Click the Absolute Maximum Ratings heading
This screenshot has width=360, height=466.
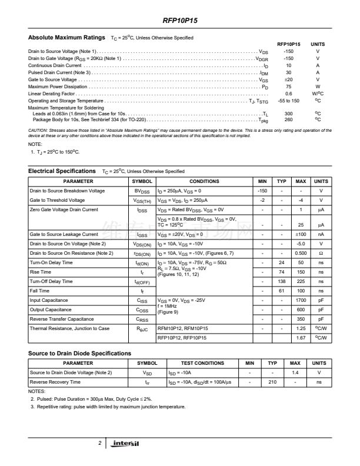tap(66, 38)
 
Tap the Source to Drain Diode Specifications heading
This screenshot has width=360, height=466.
tap(79, 353)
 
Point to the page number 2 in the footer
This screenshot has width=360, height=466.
tap(100, 442)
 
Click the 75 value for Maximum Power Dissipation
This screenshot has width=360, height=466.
tap(288, 86)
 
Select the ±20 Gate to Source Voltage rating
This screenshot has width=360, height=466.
tap(288, 79)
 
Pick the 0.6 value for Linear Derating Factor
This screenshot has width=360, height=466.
tap(288, 94)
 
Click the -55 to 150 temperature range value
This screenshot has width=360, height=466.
tap(288, 101)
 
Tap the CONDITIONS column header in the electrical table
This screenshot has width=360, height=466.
tap(204, 181)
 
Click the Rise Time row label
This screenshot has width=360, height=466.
tap(41, 272)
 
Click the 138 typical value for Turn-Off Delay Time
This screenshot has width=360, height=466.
tap(281, 281)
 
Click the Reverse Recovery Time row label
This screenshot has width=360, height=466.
tap(55, 382)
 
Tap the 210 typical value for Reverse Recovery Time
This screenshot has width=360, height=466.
tap(272, 382)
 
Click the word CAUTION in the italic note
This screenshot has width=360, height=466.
tap(39, 129)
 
